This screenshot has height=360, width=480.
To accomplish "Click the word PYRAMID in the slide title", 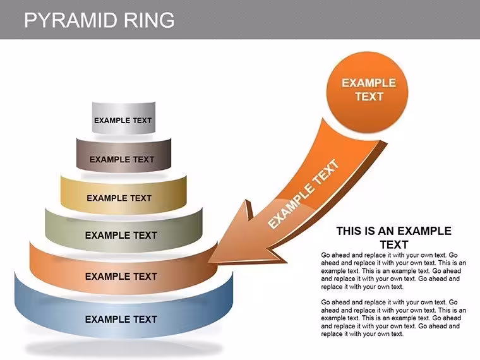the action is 70,20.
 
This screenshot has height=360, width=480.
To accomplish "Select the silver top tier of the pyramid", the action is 124,118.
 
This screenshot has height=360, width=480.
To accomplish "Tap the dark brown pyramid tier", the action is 124,155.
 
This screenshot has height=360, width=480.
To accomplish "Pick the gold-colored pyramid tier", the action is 124,195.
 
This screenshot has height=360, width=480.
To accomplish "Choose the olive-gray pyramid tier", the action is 124,231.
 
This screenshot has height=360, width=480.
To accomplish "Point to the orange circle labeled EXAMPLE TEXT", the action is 368,92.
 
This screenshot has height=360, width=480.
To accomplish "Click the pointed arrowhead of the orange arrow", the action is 210,262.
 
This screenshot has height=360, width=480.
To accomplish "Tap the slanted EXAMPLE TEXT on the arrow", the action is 303,194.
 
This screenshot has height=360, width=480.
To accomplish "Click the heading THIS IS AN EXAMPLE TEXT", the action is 394,237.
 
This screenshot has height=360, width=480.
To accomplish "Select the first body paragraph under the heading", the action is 393,271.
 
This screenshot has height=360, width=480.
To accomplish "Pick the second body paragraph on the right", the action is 393,318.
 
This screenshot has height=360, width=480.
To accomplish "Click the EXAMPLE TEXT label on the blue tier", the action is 121,320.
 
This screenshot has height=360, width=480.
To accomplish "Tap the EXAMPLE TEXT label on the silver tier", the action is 123,120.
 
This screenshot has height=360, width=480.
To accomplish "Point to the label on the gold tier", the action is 119,198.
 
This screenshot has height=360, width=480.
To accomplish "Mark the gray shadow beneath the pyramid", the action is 124,349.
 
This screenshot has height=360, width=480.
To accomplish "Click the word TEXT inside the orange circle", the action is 369,97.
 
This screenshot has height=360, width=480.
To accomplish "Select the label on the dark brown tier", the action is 121,160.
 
